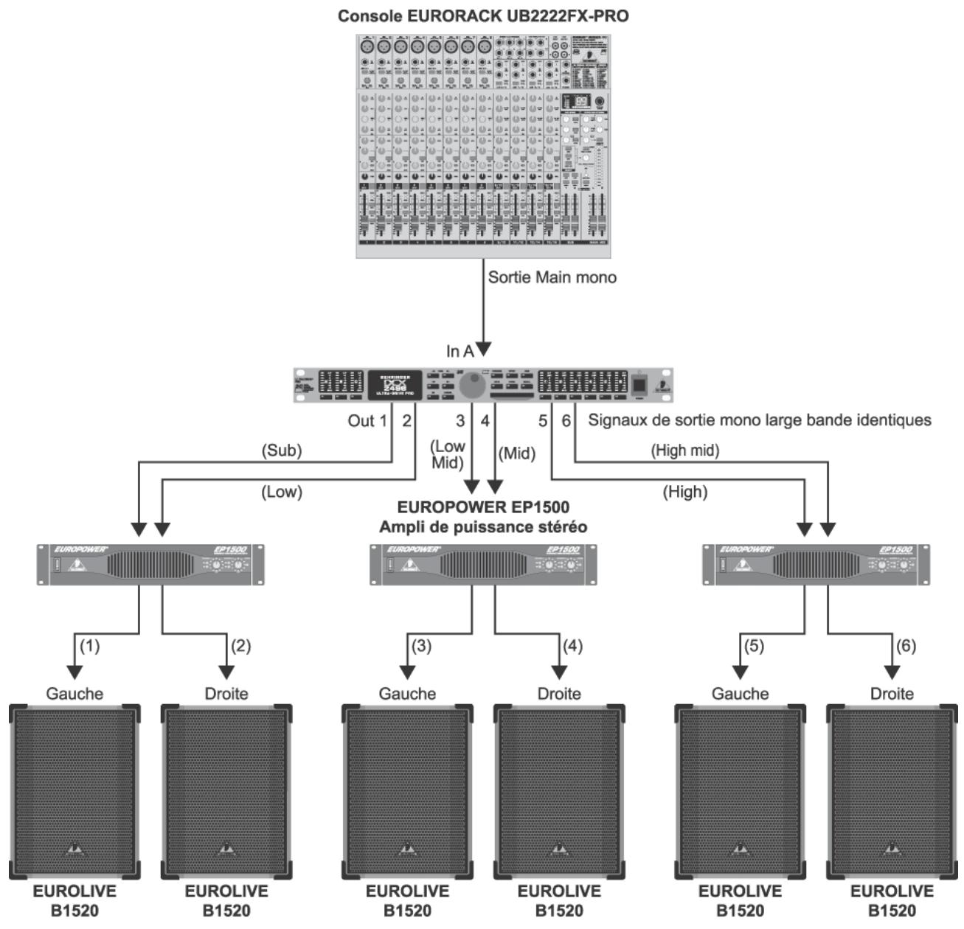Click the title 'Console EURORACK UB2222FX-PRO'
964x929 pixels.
click(x=483, y=15)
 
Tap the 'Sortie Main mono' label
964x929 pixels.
click(x=552, y=278)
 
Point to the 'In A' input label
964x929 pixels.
click(x=460, y=352)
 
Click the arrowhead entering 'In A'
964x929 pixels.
click(x=484, y=349)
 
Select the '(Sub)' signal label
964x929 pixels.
click(x=282, y=451)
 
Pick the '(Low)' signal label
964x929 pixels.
click(x=282, y=492)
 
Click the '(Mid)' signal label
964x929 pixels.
click(x=517, y=453)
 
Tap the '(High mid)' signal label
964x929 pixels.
click(x=684, y=450)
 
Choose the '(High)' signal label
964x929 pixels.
click(x=684, y=492)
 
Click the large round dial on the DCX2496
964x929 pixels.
click(x=472, y=386)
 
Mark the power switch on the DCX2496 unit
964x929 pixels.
click(x=639, y=385)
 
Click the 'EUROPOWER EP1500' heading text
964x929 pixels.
click(x=483, y=508)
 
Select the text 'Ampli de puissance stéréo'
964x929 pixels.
click(x=483, y=527)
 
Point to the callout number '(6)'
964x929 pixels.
click(x=905, y=646)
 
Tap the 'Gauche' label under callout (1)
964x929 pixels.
click(x=74, y=694)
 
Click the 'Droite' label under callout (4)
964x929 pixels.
click(x=559, y=694)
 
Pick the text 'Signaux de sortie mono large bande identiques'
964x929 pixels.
click(x=759, y=420)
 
